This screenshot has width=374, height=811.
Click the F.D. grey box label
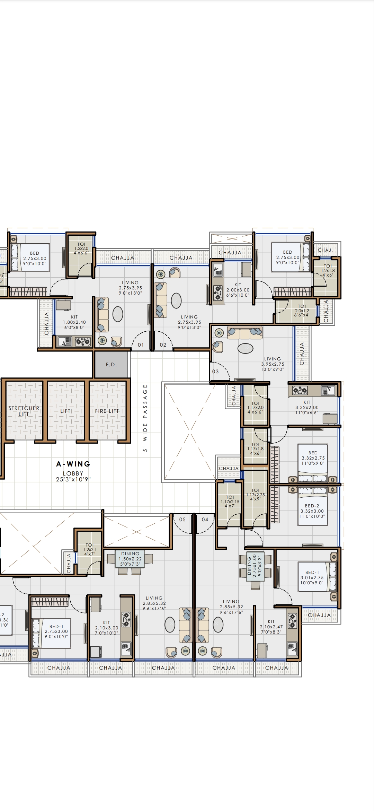[x=111, y=365]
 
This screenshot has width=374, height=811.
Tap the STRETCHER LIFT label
[x=24, y=411]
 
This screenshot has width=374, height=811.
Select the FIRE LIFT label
[x=107, y=411]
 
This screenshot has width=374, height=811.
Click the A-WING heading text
[x=73, y=464]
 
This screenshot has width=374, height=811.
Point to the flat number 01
[x=141, y=345]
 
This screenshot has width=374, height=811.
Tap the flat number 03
[x=215, y=372]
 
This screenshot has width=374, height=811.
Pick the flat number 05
[x=182, y=520]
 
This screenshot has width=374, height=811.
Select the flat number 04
[x=205, y=520]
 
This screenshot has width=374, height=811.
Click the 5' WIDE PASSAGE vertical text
[x=145, y=418]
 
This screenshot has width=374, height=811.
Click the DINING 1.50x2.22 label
[x=130, y=559]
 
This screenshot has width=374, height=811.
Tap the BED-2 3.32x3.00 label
[x=312, y=511]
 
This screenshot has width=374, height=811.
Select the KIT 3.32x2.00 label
[x=307, y=408]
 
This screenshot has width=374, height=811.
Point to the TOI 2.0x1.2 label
[x=302, y=311]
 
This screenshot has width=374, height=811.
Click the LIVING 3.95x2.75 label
[x=273, y=364]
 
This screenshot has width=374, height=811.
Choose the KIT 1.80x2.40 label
[x=74, y=322]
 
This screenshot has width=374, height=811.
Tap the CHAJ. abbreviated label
[x=325, y=250]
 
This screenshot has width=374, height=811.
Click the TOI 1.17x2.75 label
[x=255, y=495]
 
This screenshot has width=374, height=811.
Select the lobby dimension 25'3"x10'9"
[x=73, y=480]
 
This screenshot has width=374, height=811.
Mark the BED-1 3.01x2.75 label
[x=312, y=578]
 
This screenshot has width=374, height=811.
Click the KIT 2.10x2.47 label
[x=271, y=627]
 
